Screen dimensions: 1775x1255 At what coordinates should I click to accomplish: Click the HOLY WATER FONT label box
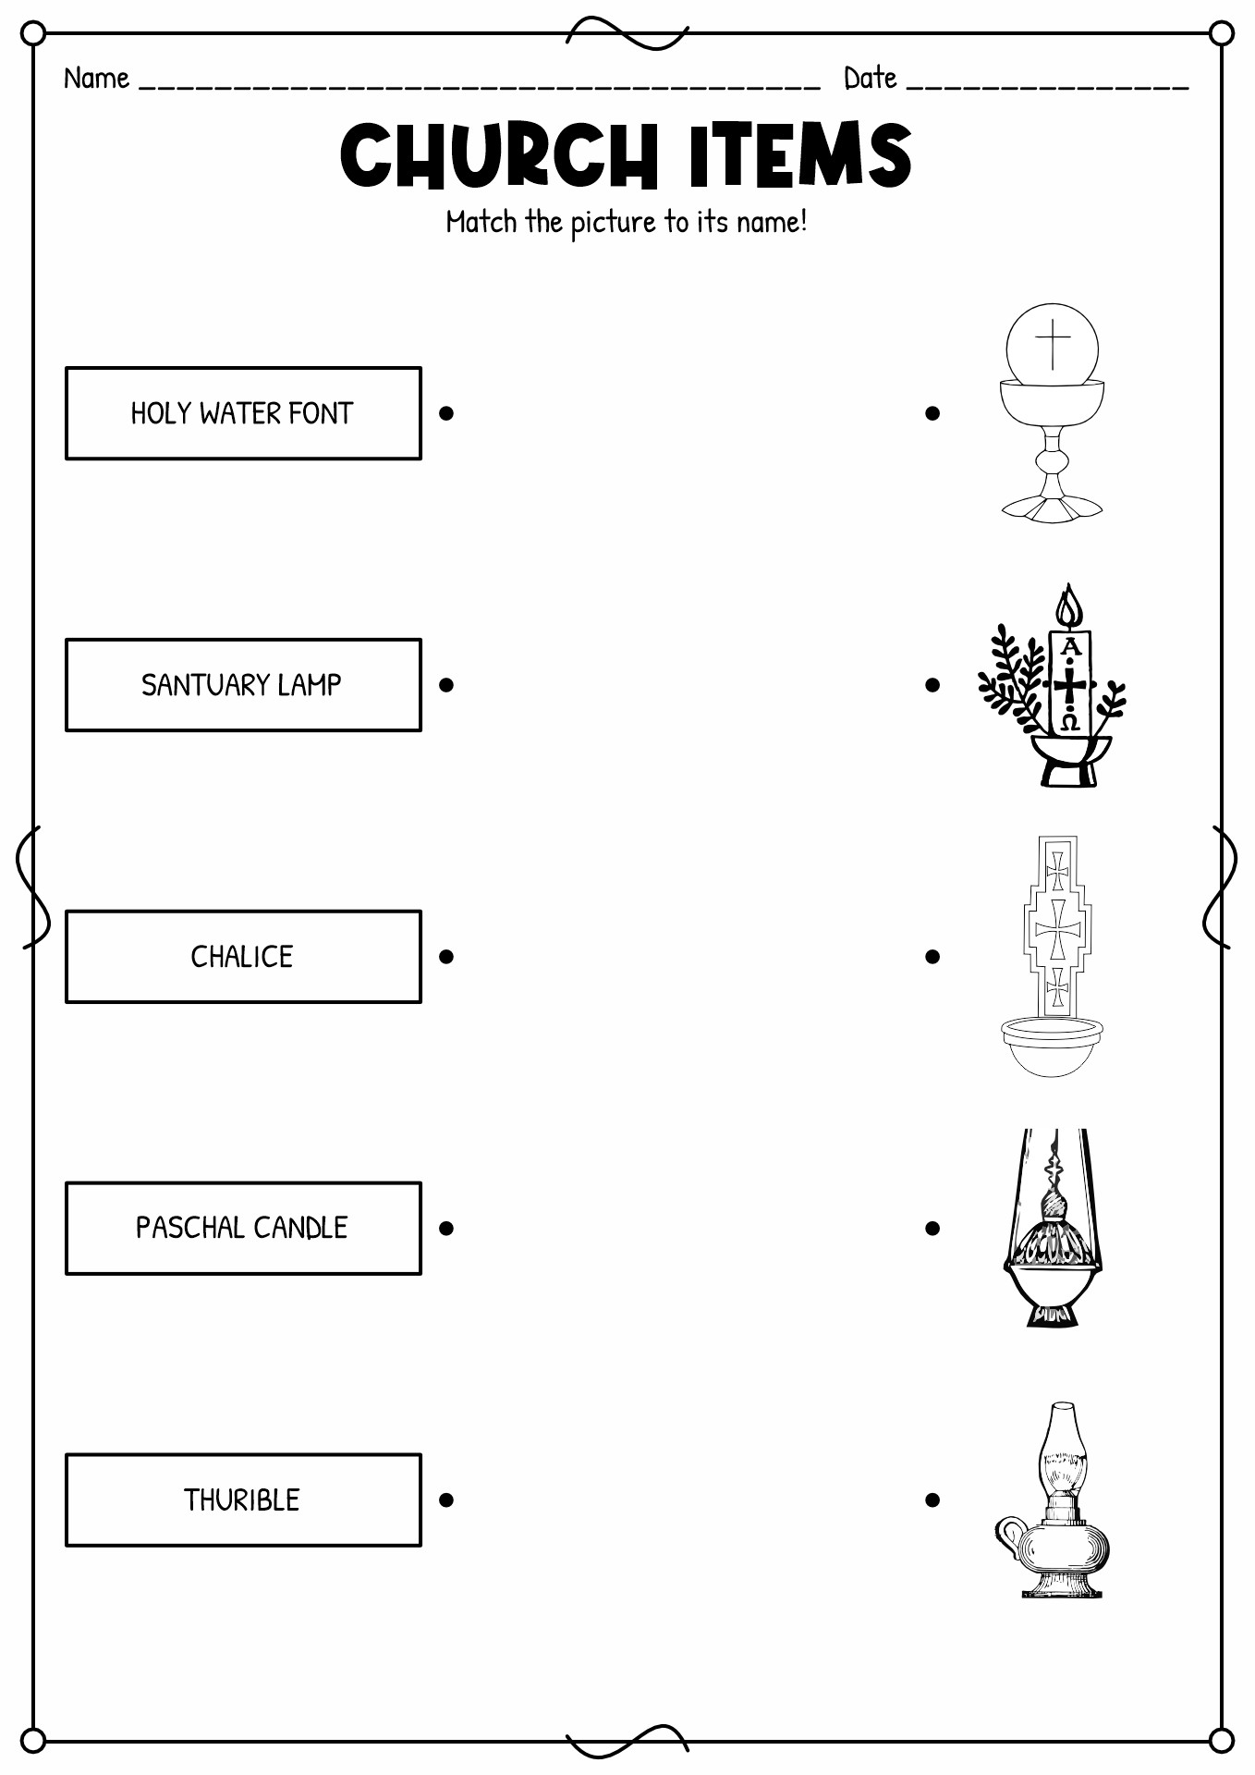[x=243, y=413]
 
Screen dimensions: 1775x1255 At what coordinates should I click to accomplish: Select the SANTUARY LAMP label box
[x=243, y=685]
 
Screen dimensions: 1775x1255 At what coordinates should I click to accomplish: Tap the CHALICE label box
[x=243, y=957]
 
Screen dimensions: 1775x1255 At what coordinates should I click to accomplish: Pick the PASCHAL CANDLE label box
[x=243, y=1228]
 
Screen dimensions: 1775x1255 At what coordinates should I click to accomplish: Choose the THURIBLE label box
[x=243, y=1500]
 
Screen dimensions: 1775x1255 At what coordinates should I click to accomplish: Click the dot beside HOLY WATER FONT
[x=446, y=413]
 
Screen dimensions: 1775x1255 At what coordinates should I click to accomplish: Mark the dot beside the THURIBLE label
[x=446, y=1500]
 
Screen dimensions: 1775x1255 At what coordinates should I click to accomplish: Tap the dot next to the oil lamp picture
[x=932, y=1500]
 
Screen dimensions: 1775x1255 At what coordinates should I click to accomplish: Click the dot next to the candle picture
[x=932, y=685]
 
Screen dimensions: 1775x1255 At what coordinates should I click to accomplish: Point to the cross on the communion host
[x=1052, y=343]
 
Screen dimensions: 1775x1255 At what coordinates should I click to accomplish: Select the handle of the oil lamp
[x=1009, y=1535]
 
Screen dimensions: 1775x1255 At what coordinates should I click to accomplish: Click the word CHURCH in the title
[x=498, y=155]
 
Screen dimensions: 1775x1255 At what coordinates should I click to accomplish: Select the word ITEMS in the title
[x=800, y=155]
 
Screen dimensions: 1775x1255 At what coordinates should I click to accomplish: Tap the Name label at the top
[x=96, y=79]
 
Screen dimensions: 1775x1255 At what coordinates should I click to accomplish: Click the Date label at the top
[x=870, y=79]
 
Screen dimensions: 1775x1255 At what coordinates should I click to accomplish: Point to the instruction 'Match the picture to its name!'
[x=627, y=223]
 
